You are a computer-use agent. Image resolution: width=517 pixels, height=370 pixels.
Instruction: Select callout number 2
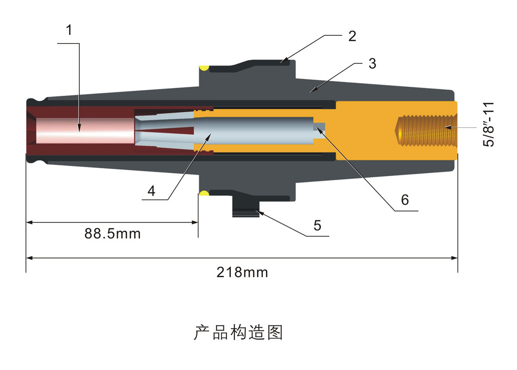click(x=352, y=36)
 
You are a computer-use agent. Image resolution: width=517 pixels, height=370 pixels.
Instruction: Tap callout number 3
click(x=372, y=64)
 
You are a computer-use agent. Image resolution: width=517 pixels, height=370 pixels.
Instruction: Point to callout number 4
click(x=151, y=191)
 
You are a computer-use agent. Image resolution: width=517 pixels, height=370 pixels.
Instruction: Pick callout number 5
click(x=317, y=225)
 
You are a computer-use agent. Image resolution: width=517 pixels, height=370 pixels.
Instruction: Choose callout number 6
click(x=404, y=200)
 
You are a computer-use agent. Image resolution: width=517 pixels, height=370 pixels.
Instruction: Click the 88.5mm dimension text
click(x=112, y=234)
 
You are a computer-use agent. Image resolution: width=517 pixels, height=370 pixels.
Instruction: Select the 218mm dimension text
click(x=242, y=272)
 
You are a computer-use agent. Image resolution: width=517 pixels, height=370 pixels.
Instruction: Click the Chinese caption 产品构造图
click(x=238, y=333)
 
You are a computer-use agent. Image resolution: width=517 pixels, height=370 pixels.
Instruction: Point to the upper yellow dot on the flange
click(x=204, y=68)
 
